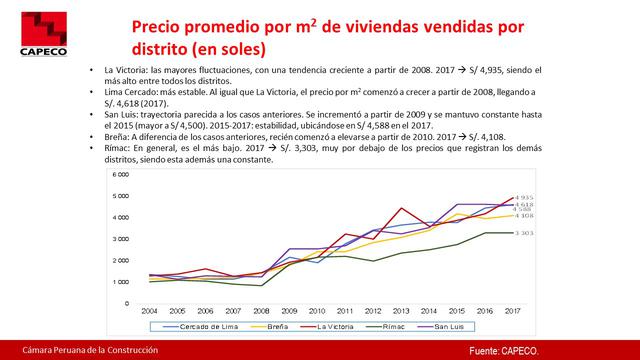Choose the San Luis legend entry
(456, 327)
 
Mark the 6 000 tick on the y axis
(121, 174)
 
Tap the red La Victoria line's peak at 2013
(400, 208)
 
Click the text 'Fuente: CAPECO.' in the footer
(506, 351)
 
